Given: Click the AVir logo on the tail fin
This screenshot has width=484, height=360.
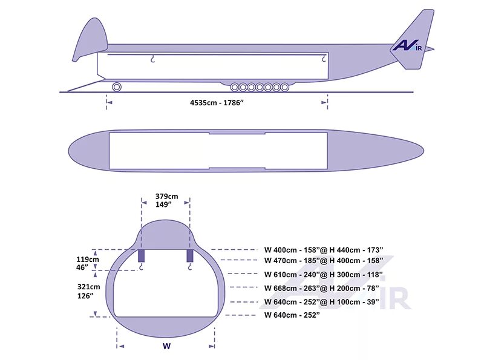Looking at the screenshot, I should point(407,45).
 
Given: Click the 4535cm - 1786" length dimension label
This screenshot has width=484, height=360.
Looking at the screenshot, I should point(217,102).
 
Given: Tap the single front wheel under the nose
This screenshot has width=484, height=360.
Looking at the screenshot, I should point(116,87).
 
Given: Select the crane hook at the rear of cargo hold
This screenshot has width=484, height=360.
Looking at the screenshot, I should point(324,59).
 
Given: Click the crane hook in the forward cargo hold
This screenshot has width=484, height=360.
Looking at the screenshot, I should point(153,59).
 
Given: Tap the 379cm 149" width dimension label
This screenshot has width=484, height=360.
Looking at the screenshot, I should point(166,200).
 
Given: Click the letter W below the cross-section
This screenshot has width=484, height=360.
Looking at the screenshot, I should point(166,347).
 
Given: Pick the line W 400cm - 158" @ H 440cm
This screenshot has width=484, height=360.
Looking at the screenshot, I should point(323,249).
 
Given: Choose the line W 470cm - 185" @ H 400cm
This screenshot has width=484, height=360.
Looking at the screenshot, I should point(323,261).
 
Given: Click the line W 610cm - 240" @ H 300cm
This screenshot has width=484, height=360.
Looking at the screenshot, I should point(323,274).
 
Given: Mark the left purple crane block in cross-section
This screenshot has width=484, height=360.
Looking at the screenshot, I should point(140,255).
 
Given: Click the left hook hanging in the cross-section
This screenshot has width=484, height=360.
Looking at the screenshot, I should point(141,267).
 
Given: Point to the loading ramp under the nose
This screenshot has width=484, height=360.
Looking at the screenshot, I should point(85,86).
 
